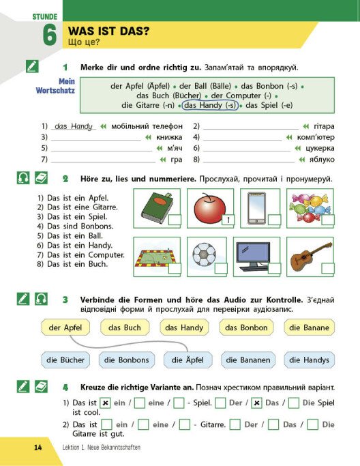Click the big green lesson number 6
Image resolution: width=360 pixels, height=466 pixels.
coord(49,35)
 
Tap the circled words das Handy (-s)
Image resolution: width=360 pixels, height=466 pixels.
coord(210,105)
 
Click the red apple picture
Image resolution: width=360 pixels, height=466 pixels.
coord(210,207)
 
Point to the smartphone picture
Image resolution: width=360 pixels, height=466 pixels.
coord(257,208)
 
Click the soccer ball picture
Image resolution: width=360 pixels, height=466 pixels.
coord(204,254)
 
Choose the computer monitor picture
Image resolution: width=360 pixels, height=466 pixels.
coord(253,257)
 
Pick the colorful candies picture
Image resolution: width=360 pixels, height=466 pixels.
coord(310,207)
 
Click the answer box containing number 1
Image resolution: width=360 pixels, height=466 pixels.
coord(228,220)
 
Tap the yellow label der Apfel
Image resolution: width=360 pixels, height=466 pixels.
coord(65,327)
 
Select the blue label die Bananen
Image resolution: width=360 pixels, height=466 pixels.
coord(248,360)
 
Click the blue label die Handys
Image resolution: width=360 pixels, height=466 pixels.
coord(310,360)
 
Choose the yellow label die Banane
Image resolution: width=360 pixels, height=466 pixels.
coord(310,327)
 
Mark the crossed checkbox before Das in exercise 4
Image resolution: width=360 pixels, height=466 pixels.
coord(256,403)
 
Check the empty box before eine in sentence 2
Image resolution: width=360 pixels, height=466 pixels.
coord(143,424)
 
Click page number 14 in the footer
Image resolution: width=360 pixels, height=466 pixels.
coord(38,448)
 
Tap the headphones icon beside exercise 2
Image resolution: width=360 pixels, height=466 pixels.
coord(23,178)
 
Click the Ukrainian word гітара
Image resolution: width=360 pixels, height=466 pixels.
coord(324,126)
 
